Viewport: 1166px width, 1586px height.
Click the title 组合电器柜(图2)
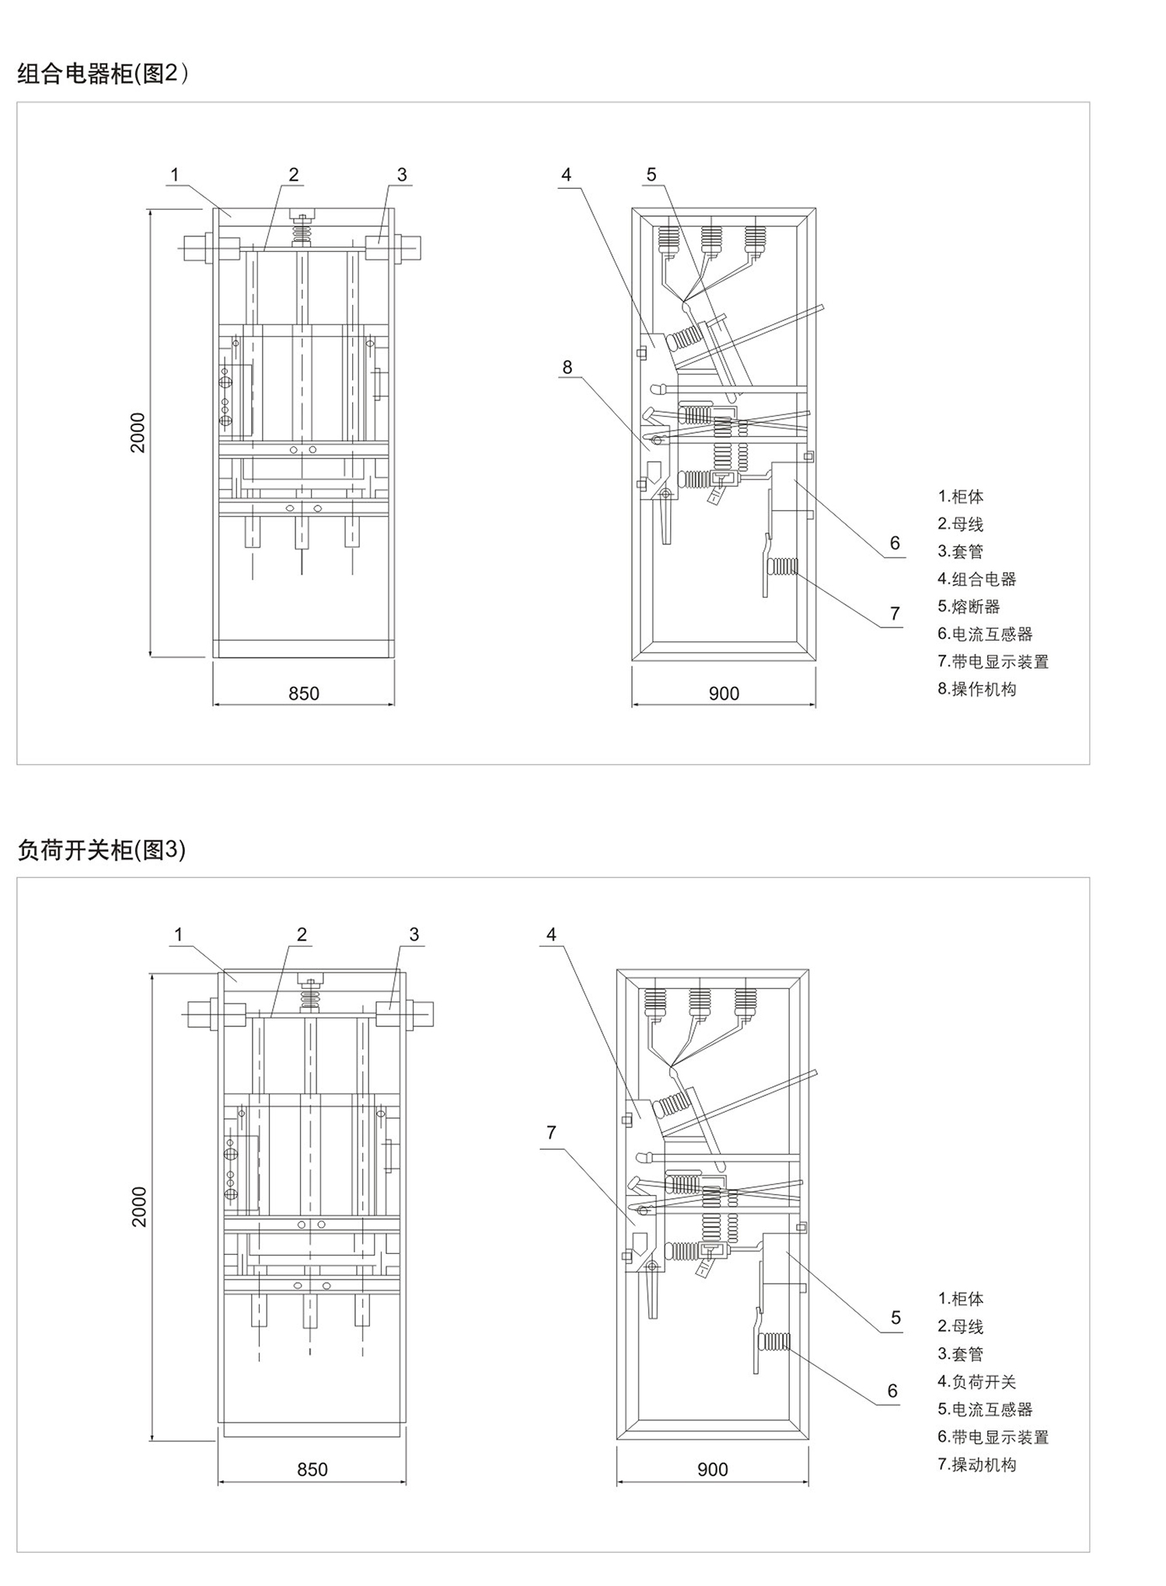103,74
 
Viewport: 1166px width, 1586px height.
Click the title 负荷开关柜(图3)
102,850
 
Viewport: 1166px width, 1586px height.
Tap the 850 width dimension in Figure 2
304,693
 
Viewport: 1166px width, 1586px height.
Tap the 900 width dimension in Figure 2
724,693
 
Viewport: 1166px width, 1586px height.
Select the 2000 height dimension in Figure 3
139,1207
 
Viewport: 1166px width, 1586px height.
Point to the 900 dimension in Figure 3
713,1469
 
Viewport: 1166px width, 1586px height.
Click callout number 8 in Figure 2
567,367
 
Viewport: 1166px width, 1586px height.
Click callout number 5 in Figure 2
651,175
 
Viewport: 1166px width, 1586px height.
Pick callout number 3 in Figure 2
402,175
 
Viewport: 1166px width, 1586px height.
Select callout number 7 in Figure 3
551,1132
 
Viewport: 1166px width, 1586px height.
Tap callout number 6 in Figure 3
892,1390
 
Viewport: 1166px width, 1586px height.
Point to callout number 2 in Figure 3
302,934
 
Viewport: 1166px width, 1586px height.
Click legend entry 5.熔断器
969,606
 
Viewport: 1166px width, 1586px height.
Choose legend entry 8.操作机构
977,689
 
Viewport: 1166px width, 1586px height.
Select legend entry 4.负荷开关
977,1382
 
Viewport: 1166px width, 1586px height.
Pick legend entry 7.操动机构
977,1464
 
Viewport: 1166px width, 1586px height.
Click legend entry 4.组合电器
977,578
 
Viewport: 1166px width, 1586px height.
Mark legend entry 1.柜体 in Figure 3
961,1298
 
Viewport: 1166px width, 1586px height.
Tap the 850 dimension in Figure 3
312,1469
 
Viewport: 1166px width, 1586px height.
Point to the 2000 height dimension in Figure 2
138,432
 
